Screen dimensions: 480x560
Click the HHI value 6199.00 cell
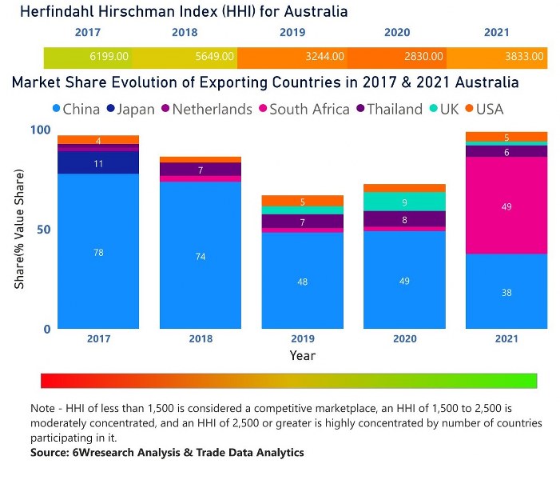point(110,58)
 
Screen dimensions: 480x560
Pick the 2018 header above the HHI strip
point(185,33)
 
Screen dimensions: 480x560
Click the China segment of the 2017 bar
point(98,251)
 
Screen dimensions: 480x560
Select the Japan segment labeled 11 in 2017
point(98,163)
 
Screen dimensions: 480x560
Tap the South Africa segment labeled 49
point(506,206)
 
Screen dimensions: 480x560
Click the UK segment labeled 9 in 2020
point(405,202)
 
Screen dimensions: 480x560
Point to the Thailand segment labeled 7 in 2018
point(201,170)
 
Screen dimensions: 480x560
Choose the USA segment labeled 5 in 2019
point(303,201)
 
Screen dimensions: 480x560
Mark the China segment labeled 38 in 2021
point(506,291)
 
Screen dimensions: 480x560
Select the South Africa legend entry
point(303,109)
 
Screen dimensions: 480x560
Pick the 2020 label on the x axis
point(405,338)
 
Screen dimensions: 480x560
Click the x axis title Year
point(302,355)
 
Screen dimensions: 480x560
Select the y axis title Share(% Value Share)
point(19,229)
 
